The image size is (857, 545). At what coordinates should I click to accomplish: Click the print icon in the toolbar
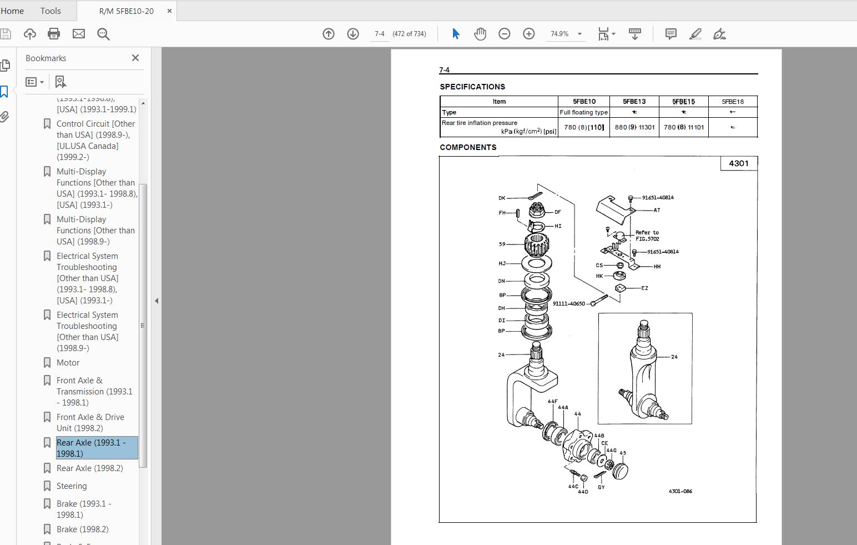coord(54,34)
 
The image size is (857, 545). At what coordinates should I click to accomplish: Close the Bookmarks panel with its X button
coord(135,58)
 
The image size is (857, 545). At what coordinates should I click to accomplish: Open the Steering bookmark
coord(72,486)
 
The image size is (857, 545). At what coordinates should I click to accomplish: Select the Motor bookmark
coord(68,362)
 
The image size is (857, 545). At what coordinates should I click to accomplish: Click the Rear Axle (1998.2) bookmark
coord(89,468)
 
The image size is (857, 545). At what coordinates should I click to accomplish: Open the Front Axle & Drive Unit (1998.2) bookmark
coord(90,422)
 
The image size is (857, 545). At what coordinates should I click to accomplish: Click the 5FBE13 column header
coord(634,102)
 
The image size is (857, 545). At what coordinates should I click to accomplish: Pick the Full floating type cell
coord(583,112)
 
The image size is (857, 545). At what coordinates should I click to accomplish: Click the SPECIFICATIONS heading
coord(472,87)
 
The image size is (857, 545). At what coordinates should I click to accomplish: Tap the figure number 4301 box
coord(738,163)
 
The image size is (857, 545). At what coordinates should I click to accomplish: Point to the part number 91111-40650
coord(568,304)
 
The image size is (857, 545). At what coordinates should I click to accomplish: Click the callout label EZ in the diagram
coord(644,288)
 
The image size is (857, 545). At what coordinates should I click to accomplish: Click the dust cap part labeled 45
coord(620,471)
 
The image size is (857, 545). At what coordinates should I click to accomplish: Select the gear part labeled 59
coord(536,243)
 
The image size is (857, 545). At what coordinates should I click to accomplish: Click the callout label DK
coord(502,198)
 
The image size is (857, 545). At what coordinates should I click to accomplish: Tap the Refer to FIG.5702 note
coord(647,236)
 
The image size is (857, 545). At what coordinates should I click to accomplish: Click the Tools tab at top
coord(51,11)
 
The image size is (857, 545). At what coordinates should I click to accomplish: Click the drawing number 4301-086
coord(680,491)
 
